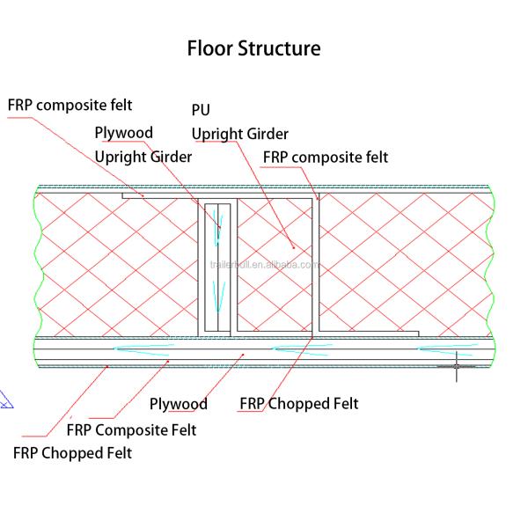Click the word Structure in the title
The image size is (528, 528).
click(279, 48)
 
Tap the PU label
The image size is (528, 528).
click(202, 111)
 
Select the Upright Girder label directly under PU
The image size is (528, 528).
click(240, 134)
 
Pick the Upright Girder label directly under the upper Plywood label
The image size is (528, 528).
click(143, 157)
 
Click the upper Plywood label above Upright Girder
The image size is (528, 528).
click(123, 133)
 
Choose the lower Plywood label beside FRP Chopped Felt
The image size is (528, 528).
click(178, 404)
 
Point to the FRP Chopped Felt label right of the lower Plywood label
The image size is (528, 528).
click(299, 404)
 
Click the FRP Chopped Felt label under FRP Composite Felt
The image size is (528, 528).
click(72, 453)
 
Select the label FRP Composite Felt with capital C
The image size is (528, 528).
click(131, 429)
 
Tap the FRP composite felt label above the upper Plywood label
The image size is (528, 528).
click(70, 105)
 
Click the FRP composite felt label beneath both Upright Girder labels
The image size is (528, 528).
click(326, 157)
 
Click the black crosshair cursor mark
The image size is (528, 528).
click(456, 363)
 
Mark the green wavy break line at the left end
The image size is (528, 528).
click(36, 264)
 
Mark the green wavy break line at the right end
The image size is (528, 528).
click(487, 264)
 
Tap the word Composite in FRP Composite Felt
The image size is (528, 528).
click(130, 429)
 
